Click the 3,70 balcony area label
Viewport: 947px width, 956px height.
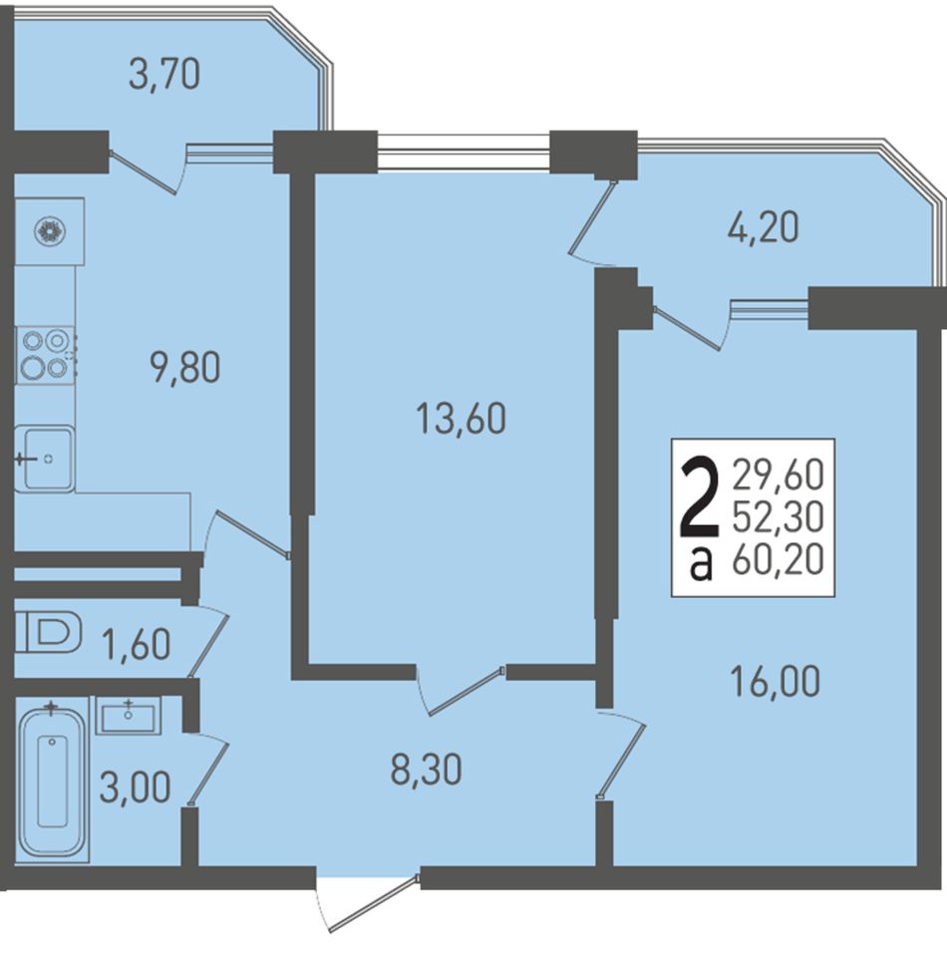(164, 76)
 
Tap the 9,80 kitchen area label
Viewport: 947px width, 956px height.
(185, 368)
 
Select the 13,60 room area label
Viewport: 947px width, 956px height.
(461, 420)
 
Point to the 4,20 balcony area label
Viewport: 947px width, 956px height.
(763, 227)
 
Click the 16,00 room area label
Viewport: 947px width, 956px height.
(775, 682)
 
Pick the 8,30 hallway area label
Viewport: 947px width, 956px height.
(427, 769)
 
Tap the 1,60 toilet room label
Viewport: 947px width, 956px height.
(136, 644)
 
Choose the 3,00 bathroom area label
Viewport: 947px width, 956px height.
(135, 788)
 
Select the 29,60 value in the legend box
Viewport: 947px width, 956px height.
(779, 475)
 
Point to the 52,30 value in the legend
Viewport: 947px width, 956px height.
(779, 517)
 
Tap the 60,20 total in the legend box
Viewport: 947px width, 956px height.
(779, 559)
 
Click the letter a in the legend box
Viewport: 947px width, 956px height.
(701, 563)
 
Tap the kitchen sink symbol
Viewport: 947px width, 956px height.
(45, 459)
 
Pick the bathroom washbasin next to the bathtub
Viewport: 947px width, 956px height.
(128, 716)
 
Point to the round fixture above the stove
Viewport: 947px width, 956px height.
(51, 231)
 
